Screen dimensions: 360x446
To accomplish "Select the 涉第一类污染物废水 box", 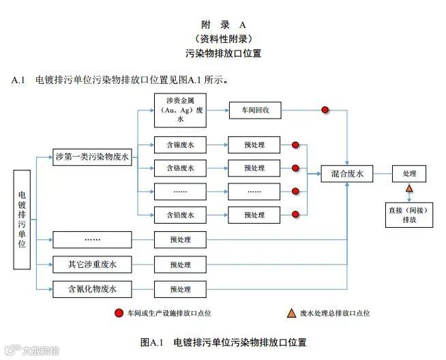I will [x=92, y=156].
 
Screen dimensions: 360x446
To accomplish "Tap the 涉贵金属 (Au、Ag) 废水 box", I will [x=180, y=109].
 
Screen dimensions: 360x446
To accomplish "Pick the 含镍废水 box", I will [x=180, y=145].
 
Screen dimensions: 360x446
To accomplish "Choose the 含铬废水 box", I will [x=180, y=168].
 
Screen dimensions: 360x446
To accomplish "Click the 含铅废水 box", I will [x=180, y=215].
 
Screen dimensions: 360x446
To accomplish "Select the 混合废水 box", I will [x=347, y=174].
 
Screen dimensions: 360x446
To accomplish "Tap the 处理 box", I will [x=409, y=174].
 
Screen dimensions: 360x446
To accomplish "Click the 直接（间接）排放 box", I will [x=409, y=215].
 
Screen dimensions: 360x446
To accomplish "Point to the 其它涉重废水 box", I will [x=92, y=264].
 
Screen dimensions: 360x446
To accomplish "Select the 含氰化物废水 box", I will [x=92, y=288].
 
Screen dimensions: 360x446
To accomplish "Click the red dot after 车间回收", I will [x=325, y=109].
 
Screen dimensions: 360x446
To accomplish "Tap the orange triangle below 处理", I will [x=409, y=189].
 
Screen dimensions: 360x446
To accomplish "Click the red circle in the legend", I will [x=118, y=313].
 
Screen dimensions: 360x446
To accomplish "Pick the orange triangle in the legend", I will [x=292, y=313].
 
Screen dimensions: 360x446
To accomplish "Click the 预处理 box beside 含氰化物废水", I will [x=180, y=289].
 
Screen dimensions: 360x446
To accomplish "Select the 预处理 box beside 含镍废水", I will [x=253, y=145].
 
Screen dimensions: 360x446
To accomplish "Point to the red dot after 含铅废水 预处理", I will [x=295, y=215].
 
